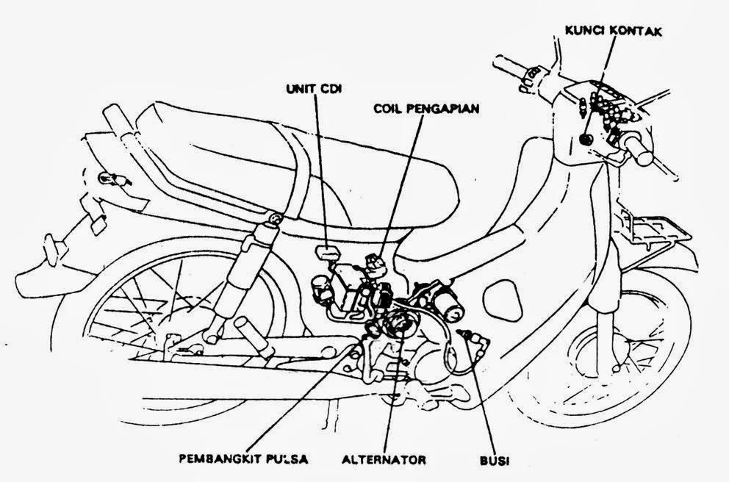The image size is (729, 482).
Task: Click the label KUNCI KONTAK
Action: coord(613,31)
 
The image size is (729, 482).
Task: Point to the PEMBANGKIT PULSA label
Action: coord(243,461)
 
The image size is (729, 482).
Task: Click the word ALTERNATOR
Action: coord(384,461)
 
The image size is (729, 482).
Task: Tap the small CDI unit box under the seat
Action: coord(324,252)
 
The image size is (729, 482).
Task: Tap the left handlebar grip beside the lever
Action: coord(514,66)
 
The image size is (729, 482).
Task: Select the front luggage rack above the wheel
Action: coord(647,224)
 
